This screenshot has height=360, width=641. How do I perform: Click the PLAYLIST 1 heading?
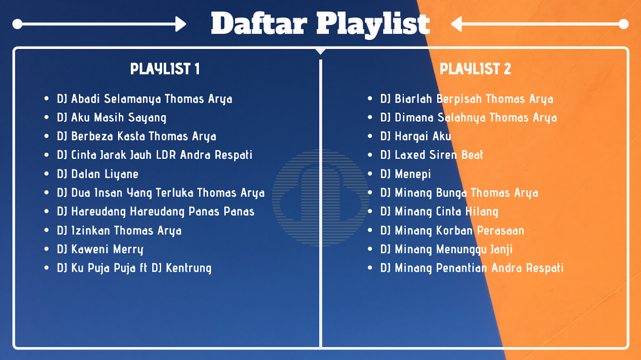tap(165, 69)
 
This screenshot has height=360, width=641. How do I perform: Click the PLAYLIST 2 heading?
tap(475, 69)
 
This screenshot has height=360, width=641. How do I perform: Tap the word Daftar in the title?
tap(259, 23)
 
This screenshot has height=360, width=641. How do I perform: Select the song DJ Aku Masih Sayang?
tap(112, 117)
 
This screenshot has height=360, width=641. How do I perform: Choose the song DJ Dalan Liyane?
tap(98, 174)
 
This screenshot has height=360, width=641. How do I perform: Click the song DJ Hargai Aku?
tap(416, 136)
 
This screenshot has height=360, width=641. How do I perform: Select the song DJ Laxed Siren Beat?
tap(432, 155)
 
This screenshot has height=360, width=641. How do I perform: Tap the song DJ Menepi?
tap(406, 174)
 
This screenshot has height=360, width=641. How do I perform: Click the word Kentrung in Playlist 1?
tap(189, 268)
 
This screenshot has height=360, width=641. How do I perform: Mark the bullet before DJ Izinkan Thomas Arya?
tap(47, 230)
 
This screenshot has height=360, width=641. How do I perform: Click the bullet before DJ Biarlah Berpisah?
tap(370, 99)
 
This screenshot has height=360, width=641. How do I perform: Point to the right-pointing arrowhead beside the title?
tap(181, 24)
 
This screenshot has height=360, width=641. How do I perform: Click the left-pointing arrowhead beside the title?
tap(456, 24)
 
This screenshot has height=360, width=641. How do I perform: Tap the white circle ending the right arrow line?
tap(623, 24)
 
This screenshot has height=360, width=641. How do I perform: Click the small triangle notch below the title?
tap(320, 51)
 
